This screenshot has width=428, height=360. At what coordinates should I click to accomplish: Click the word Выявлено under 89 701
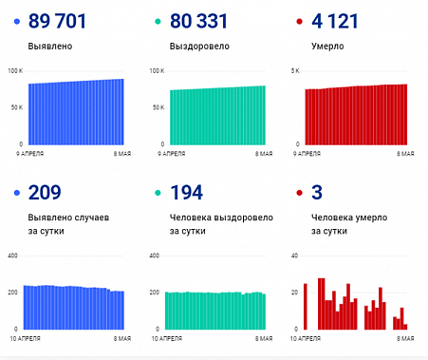point(50,45)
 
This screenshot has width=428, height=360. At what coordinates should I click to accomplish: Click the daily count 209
point(46,193)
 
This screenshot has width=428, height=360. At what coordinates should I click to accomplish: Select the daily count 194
point(187,193)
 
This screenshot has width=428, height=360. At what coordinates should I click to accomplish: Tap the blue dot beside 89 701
point(19,21)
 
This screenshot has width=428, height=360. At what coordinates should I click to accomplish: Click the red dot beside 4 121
point(301,21)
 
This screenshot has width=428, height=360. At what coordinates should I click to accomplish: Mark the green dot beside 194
point(158,194)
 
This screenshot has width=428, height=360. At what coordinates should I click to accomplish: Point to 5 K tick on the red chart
point(295,71)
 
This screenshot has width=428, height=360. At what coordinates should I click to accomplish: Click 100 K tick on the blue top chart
point(14,71)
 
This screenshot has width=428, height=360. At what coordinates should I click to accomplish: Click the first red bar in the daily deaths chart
point(305,306)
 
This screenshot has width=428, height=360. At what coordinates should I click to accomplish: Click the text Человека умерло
point(345,218)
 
